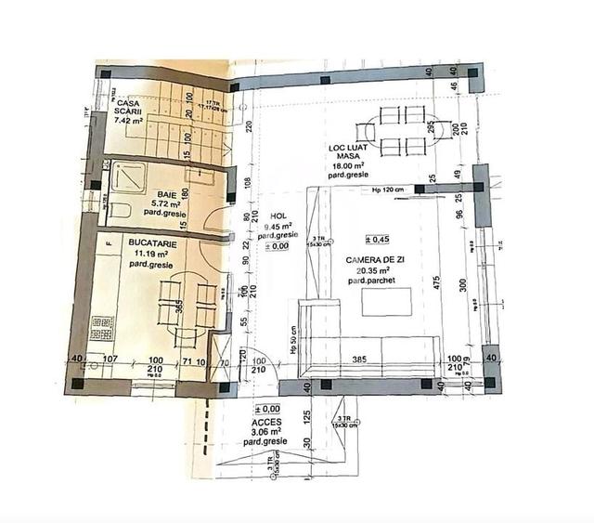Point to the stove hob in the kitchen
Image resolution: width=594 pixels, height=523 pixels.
point(101,327)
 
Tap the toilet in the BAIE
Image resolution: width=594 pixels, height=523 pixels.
point(119,210)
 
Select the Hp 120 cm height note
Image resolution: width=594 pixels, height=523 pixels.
point(387,190)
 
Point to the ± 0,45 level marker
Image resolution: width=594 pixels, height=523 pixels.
point(377,239)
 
